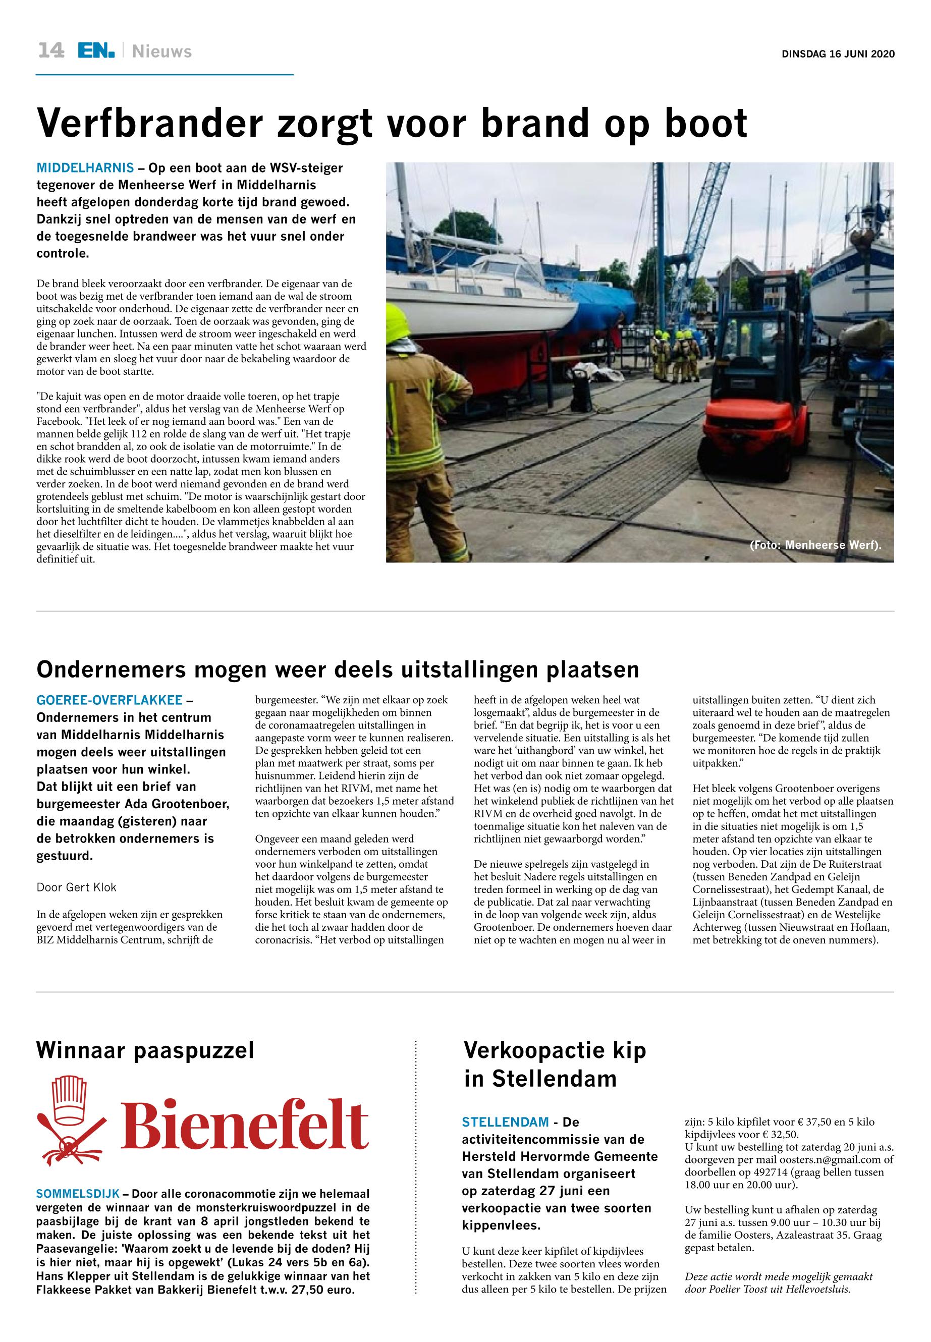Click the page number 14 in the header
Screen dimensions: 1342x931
coord(51,51)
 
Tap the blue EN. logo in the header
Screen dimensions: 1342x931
coord(96,51)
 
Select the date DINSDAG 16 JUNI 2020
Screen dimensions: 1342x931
coord(838,54)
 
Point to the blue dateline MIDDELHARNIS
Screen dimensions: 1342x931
coord(85,169)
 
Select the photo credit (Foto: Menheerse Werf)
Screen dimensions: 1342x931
coord(815,545)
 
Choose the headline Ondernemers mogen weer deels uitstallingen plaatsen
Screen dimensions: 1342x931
coord(338,669)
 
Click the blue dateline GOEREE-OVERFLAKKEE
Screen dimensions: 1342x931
coord(109,700)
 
